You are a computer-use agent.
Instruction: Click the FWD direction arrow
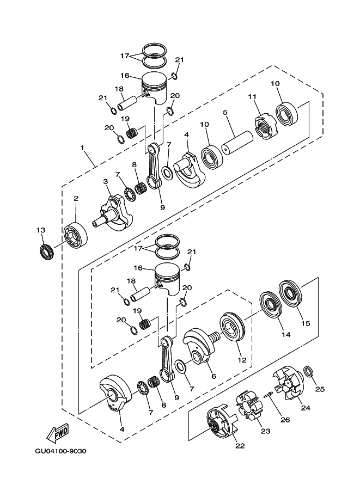57,433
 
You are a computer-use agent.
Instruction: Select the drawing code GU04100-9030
60,451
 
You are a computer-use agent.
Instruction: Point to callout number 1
82,148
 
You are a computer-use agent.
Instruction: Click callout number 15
306,323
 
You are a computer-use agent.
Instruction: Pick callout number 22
240,446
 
